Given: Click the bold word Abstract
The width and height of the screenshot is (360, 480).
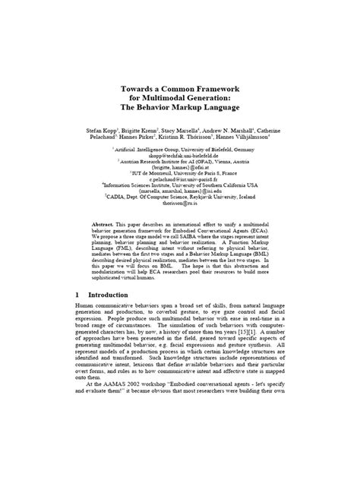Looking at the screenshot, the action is tap(103, 225).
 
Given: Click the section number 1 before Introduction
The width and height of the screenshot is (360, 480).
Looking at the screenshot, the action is tap(78, 295).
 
